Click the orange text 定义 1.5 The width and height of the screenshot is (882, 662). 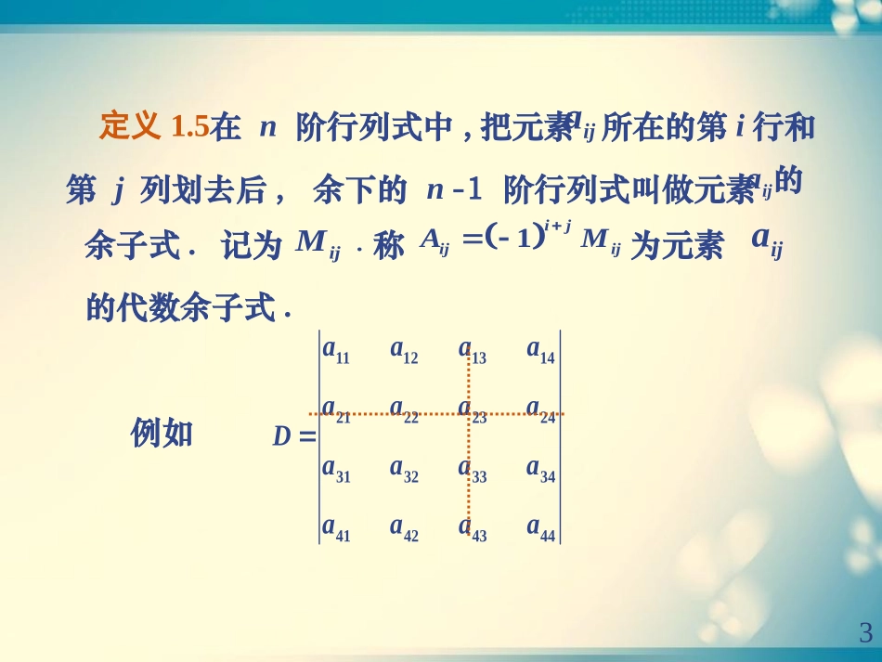point(153,126)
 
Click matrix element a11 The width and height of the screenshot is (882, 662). point(335,350)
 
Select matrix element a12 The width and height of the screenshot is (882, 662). point(404,350)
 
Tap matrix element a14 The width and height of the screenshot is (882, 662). point(540,350)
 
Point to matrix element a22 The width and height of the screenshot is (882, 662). point(404,409)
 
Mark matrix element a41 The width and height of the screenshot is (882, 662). point(335,528)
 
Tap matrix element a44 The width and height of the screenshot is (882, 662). point(540,528)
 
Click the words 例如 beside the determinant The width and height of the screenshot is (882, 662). point(162,433)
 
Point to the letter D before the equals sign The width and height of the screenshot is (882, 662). point(281,436)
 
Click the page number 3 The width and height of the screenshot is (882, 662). point(864,634)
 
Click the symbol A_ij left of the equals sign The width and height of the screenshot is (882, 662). point(435,241)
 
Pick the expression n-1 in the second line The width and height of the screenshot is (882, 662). point(454,191)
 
